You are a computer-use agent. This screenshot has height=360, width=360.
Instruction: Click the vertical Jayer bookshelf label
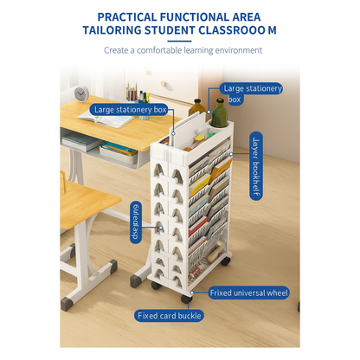pyautogui.click(x=255, y=166)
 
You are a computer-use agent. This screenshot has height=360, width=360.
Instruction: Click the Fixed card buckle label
pyautogui.click(x=170, y=315)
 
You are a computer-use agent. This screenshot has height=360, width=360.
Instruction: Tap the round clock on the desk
pyautogui.click(x=80, y=93)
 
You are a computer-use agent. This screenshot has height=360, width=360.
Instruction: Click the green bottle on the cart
pyautogui.click(x=220, y=112)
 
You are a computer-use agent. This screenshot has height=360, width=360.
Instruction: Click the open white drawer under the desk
pyautogui.click(x=119, y=153)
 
